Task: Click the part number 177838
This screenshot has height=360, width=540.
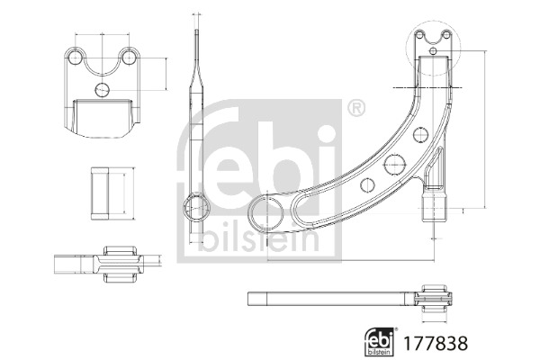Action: (x=436, y=343)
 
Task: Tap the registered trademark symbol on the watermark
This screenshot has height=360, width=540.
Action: (x=356, y=109)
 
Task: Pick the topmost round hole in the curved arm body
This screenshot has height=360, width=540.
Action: (x=420, y=134)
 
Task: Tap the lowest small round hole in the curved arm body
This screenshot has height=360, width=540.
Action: (x=367, y=185)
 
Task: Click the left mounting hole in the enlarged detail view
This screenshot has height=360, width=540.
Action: (x=74, y=58)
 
